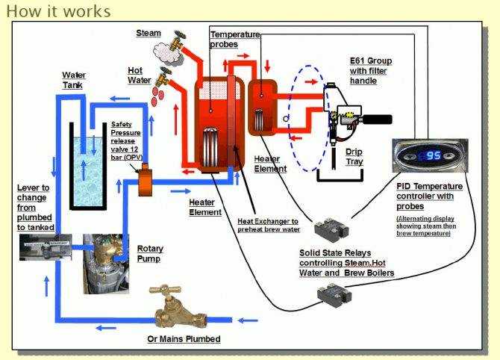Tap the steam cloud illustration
click(166, 49)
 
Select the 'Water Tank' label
click(74, 81)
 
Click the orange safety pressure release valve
click(145, 176)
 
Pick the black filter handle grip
click(377, 117)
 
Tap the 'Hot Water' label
click(140, 75)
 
